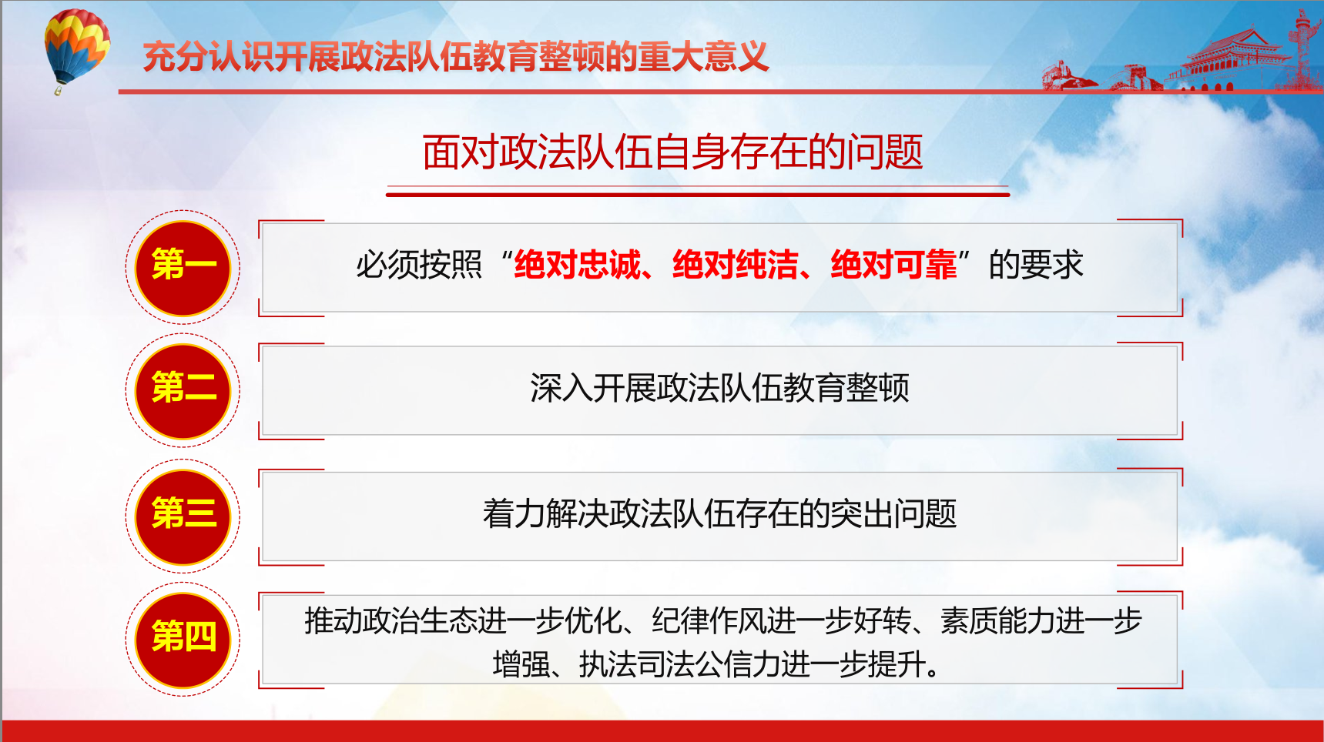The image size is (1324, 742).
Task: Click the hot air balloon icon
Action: (76, 50)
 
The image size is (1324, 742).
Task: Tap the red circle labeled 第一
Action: (183, 267)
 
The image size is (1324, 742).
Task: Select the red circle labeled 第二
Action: (183, 390)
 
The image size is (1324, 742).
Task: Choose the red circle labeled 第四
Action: (183, 640)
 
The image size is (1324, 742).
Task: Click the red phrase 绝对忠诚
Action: (578, 265)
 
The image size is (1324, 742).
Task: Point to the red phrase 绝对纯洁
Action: (736, 265)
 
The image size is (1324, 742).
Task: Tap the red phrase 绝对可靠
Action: (893, 265)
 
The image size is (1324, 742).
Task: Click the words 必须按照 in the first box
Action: (419, 265)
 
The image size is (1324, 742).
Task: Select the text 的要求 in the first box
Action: (1036, 265)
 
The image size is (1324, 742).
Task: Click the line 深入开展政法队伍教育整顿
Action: (719, 388)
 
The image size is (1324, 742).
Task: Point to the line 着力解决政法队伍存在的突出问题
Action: (719, 513)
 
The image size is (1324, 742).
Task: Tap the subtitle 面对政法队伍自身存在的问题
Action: (672, 152)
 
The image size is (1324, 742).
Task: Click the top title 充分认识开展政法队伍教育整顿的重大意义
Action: (456, 56)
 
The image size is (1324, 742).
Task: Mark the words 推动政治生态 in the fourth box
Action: (390, 620)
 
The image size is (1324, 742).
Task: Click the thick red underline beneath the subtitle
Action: (698, 195)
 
